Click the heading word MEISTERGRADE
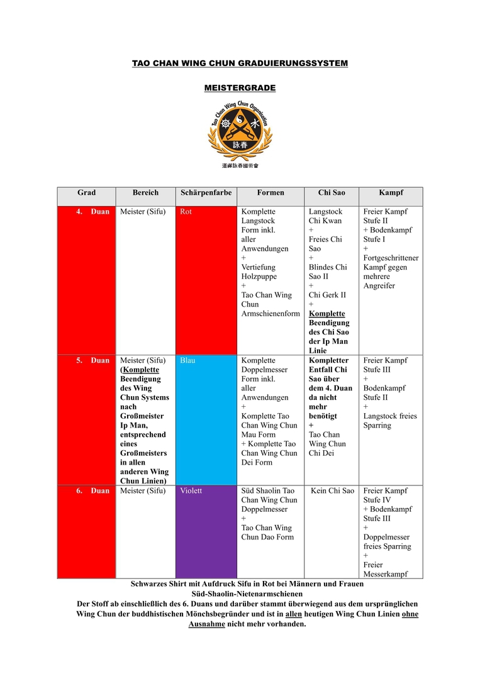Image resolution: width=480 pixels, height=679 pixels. coord(240,88)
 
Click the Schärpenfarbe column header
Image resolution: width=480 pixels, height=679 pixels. coord(205,193)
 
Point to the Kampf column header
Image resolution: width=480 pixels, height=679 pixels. coord(391,193)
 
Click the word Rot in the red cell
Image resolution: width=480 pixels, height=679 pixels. coord(186,212)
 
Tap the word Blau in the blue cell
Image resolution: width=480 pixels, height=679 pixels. coord(187,361)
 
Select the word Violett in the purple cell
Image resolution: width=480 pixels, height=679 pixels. coord(191,491)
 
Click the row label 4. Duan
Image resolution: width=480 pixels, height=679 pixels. coord(93,212)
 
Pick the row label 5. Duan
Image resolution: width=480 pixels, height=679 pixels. coord(93,361)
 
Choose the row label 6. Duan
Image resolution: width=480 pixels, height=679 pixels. coord(93,491)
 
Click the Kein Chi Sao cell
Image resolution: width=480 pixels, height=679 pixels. coord(333,491)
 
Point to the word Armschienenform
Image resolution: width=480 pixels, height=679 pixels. coord(271,314)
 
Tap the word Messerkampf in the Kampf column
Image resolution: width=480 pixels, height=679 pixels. coord(385,574)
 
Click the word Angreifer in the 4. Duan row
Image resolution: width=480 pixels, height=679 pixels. coord(379,286)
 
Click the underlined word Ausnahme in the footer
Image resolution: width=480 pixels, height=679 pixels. coord(206,624)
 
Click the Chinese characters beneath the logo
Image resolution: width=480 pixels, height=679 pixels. coord(240,166)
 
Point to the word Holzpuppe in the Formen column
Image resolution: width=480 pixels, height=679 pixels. coord(259,277)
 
